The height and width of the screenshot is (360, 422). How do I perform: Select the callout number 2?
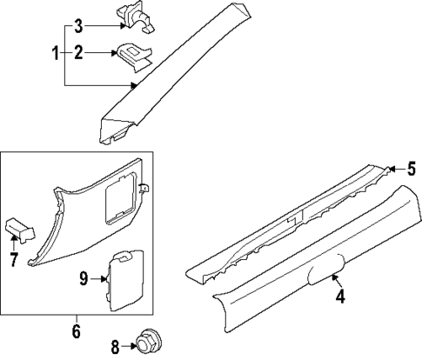pyautogui.click(x=78, y=54)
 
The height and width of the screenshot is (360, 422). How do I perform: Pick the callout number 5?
pyautogui.click(x=412, y=169)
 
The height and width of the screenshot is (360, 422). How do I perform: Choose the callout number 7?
pyautogui.click(x=14, y=260)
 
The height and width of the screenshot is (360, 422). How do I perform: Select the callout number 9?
pyautogui.click(x=84, y=279)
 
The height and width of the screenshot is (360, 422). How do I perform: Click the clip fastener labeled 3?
pyautogui.click(x=134, y=17)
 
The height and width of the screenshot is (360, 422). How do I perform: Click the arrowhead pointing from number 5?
pyautogui.click(x=388, y=169)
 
